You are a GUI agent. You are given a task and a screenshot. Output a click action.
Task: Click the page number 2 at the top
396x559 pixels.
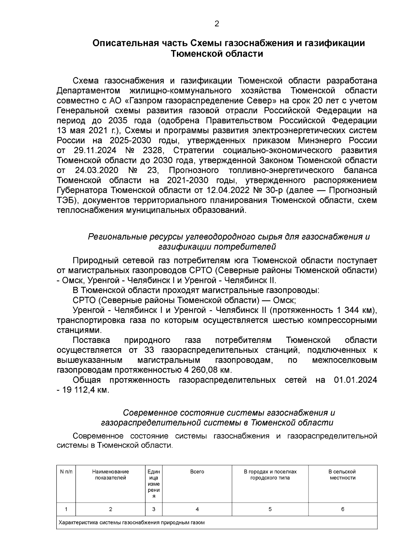click(x=217, y=24)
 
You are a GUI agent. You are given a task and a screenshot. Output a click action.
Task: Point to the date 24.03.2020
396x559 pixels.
click(x=96, y=170)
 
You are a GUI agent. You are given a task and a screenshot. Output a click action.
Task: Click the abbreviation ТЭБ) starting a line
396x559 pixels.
click(x=68, y=200)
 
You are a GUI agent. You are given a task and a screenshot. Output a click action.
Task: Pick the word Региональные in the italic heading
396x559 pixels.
click(x=116, y=237)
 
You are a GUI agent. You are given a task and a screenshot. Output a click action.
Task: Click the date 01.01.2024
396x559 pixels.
click(x=355, y=380)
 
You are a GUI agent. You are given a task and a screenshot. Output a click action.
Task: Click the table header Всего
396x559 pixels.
click(x=197, y=472)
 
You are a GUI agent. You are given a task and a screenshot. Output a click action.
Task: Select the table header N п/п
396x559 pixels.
click(x=66, y=472)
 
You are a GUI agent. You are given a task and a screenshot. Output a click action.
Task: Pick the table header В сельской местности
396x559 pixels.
click(x=343, y=475)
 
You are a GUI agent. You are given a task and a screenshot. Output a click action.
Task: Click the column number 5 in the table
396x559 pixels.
click(x=270, y=509)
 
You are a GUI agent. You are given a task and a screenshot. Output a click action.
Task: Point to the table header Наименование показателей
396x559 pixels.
click(x=111, y=475)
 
